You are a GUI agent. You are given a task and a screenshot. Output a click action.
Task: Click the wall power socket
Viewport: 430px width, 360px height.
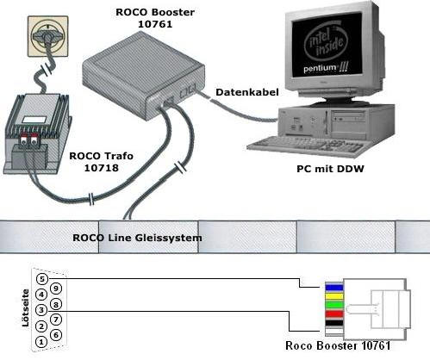tap(48, 36)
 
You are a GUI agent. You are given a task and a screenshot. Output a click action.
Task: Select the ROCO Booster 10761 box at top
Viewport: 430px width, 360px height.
tap(143, 76)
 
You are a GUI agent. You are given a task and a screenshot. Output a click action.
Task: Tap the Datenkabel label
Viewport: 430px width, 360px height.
tap(247, 92)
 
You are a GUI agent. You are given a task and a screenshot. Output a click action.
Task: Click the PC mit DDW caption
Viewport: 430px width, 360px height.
tap(330, 169)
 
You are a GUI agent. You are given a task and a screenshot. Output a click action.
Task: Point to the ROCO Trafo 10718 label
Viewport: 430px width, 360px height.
tap(102, 162)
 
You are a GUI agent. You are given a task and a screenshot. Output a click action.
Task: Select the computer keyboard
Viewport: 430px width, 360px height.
tap(305, 146)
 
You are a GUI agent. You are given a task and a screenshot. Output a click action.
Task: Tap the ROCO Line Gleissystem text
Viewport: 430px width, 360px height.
tap(137, 238)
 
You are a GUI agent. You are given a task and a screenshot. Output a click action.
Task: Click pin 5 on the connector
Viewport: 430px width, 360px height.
tap(42, 279)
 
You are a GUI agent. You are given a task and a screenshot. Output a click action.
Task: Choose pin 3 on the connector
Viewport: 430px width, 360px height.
tap(41, 310)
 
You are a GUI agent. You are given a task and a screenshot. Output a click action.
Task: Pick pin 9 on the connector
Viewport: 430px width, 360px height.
tap(56, 289)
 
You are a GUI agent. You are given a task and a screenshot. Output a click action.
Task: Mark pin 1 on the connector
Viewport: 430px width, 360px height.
tap(41, 342)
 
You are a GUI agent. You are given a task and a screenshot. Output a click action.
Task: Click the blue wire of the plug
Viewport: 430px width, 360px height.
tap(334, 288)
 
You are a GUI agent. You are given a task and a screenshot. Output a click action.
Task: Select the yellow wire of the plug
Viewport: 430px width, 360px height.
tap(334, 296)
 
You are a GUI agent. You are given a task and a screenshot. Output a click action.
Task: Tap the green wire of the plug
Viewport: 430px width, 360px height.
tap(334, 304)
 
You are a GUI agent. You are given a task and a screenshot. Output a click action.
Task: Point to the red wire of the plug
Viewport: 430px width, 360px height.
tap(334, 313)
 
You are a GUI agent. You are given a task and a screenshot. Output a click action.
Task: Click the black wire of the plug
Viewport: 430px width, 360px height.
tap(334, 323)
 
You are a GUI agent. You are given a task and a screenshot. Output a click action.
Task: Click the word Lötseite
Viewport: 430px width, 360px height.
tap(26, 308)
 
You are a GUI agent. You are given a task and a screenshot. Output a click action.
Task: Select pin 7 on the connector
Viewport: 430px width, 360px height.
tap(56, 320)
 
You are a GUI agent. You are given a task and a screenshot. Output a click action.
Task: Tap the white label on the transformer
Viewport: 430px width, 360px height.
tap(34, 120)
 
